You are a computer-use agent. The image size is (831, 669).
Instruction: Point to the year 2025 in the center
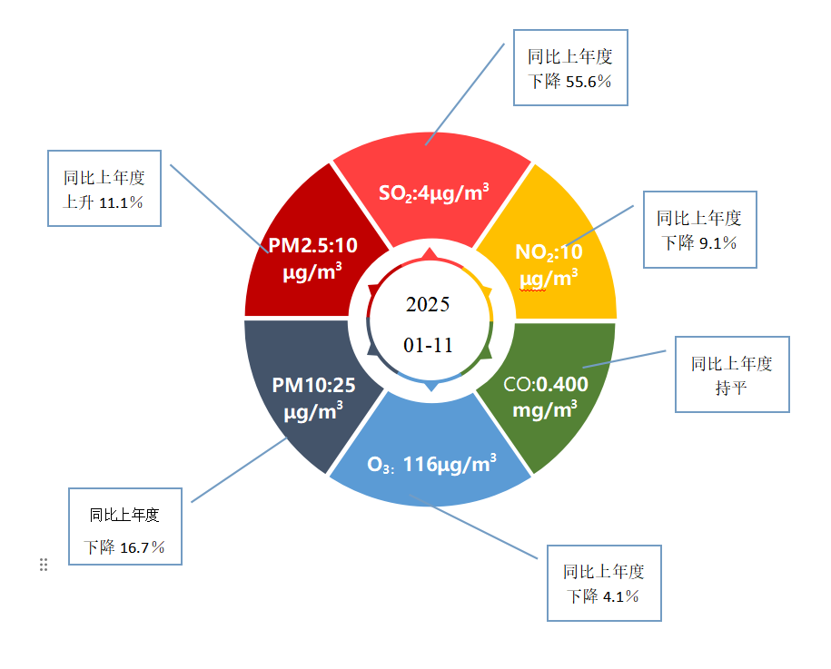428,304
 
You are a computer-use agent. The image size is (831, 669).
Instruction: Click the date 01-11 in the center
428,345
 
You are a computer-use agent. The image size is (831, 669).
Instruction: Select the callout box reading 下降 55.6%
570,68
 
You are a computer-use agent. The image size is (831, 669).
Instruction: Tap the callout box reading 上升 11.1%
104,188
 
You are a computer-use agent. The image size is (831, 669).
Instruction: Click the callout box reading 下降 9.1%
699,230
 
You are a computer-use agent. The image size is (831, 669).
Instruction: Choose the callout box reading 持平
732,375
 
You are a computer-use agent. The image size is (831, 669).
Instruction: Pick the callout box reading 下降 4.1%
604,584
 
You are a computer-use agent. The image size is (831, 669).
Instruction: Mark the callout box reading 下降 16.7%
125,526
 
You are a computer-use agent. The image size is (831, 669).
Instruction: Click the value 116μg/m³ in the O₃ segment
450,465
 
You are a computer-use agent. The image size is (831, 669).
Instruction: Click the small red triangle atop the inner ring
430,253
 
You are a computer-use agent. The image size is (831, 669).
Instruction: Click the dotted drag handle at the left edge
43,565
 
